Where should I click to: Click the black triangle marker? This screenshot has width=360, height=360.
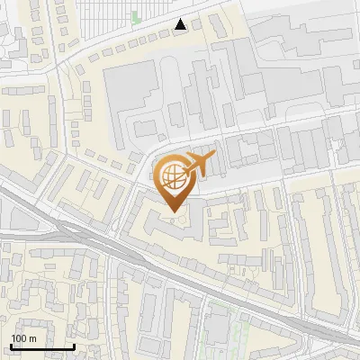tap(182, 24)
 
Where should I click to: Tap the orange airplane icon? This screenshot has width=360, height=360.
tap(200, 164)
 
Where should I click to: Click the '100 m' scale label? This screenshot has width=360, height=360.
tap(23, 338)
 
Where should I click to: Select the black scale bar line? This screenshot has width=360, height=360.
tap(42, 346)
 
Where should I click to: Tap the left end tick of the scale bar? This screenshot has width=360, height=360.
tap(11, 345)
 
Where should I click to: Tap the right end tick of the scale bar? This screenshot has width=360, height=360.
tap(74, 345)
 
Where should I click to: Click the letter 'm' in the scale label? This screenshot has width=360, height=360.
tap(32, 338)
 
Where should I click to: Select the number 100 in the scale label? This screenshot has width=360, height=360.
tap(19, 338)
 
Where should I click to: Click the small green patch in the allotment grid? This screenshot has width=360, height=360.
tap(136, 17)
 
